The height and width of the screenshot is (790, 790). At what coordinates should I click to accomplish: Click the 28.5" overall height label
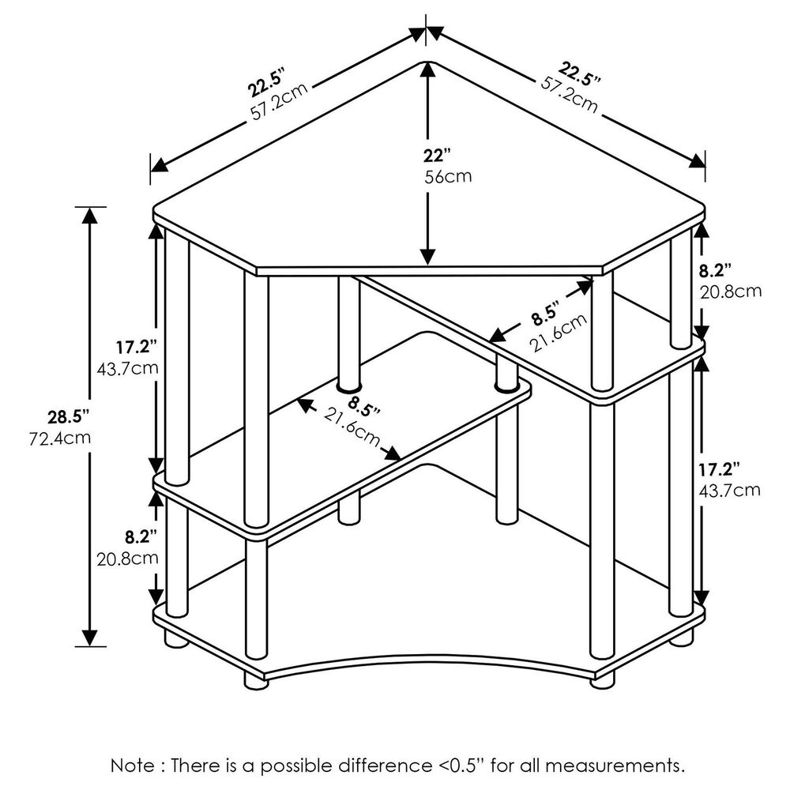click(x=69, y=417)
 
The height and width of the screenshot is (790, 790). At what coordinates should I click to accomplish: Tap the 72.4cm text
click(x=60, y=438)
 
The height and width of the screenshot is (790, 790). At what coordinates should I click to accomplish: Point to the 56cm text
click(x=448, y=177)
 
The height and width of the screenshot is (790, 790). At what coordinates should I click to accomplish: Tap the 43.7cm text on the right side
click(x=729, y=490)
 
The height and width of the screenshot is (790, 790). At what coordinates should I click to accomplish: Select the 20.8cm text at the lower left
click(x=127, y=559)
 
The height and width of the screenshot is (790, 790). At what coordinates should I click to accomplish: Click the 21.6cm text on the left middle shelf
click(x=352, y=427)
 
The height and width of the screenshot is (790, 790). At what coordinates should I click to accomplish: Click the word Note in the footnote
click(x=133, y=766)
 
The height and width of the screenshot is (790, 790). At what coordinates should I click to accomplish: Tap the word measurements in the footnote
click(x=615, y=766)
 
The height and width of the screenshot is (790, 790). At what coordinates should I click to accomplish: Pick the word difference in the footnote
click(x=384, y=766)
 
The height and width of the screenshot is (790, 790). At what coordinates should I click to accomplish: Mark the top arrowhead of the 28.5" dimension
click(x=90, y=216)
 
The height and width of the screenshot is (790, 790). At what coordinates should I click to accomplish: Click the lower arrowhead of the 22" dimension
click(x=427, y=257)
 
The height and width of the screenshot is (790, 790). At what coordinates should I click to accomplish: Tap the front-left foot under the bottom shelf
click(x=256, y=680)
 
